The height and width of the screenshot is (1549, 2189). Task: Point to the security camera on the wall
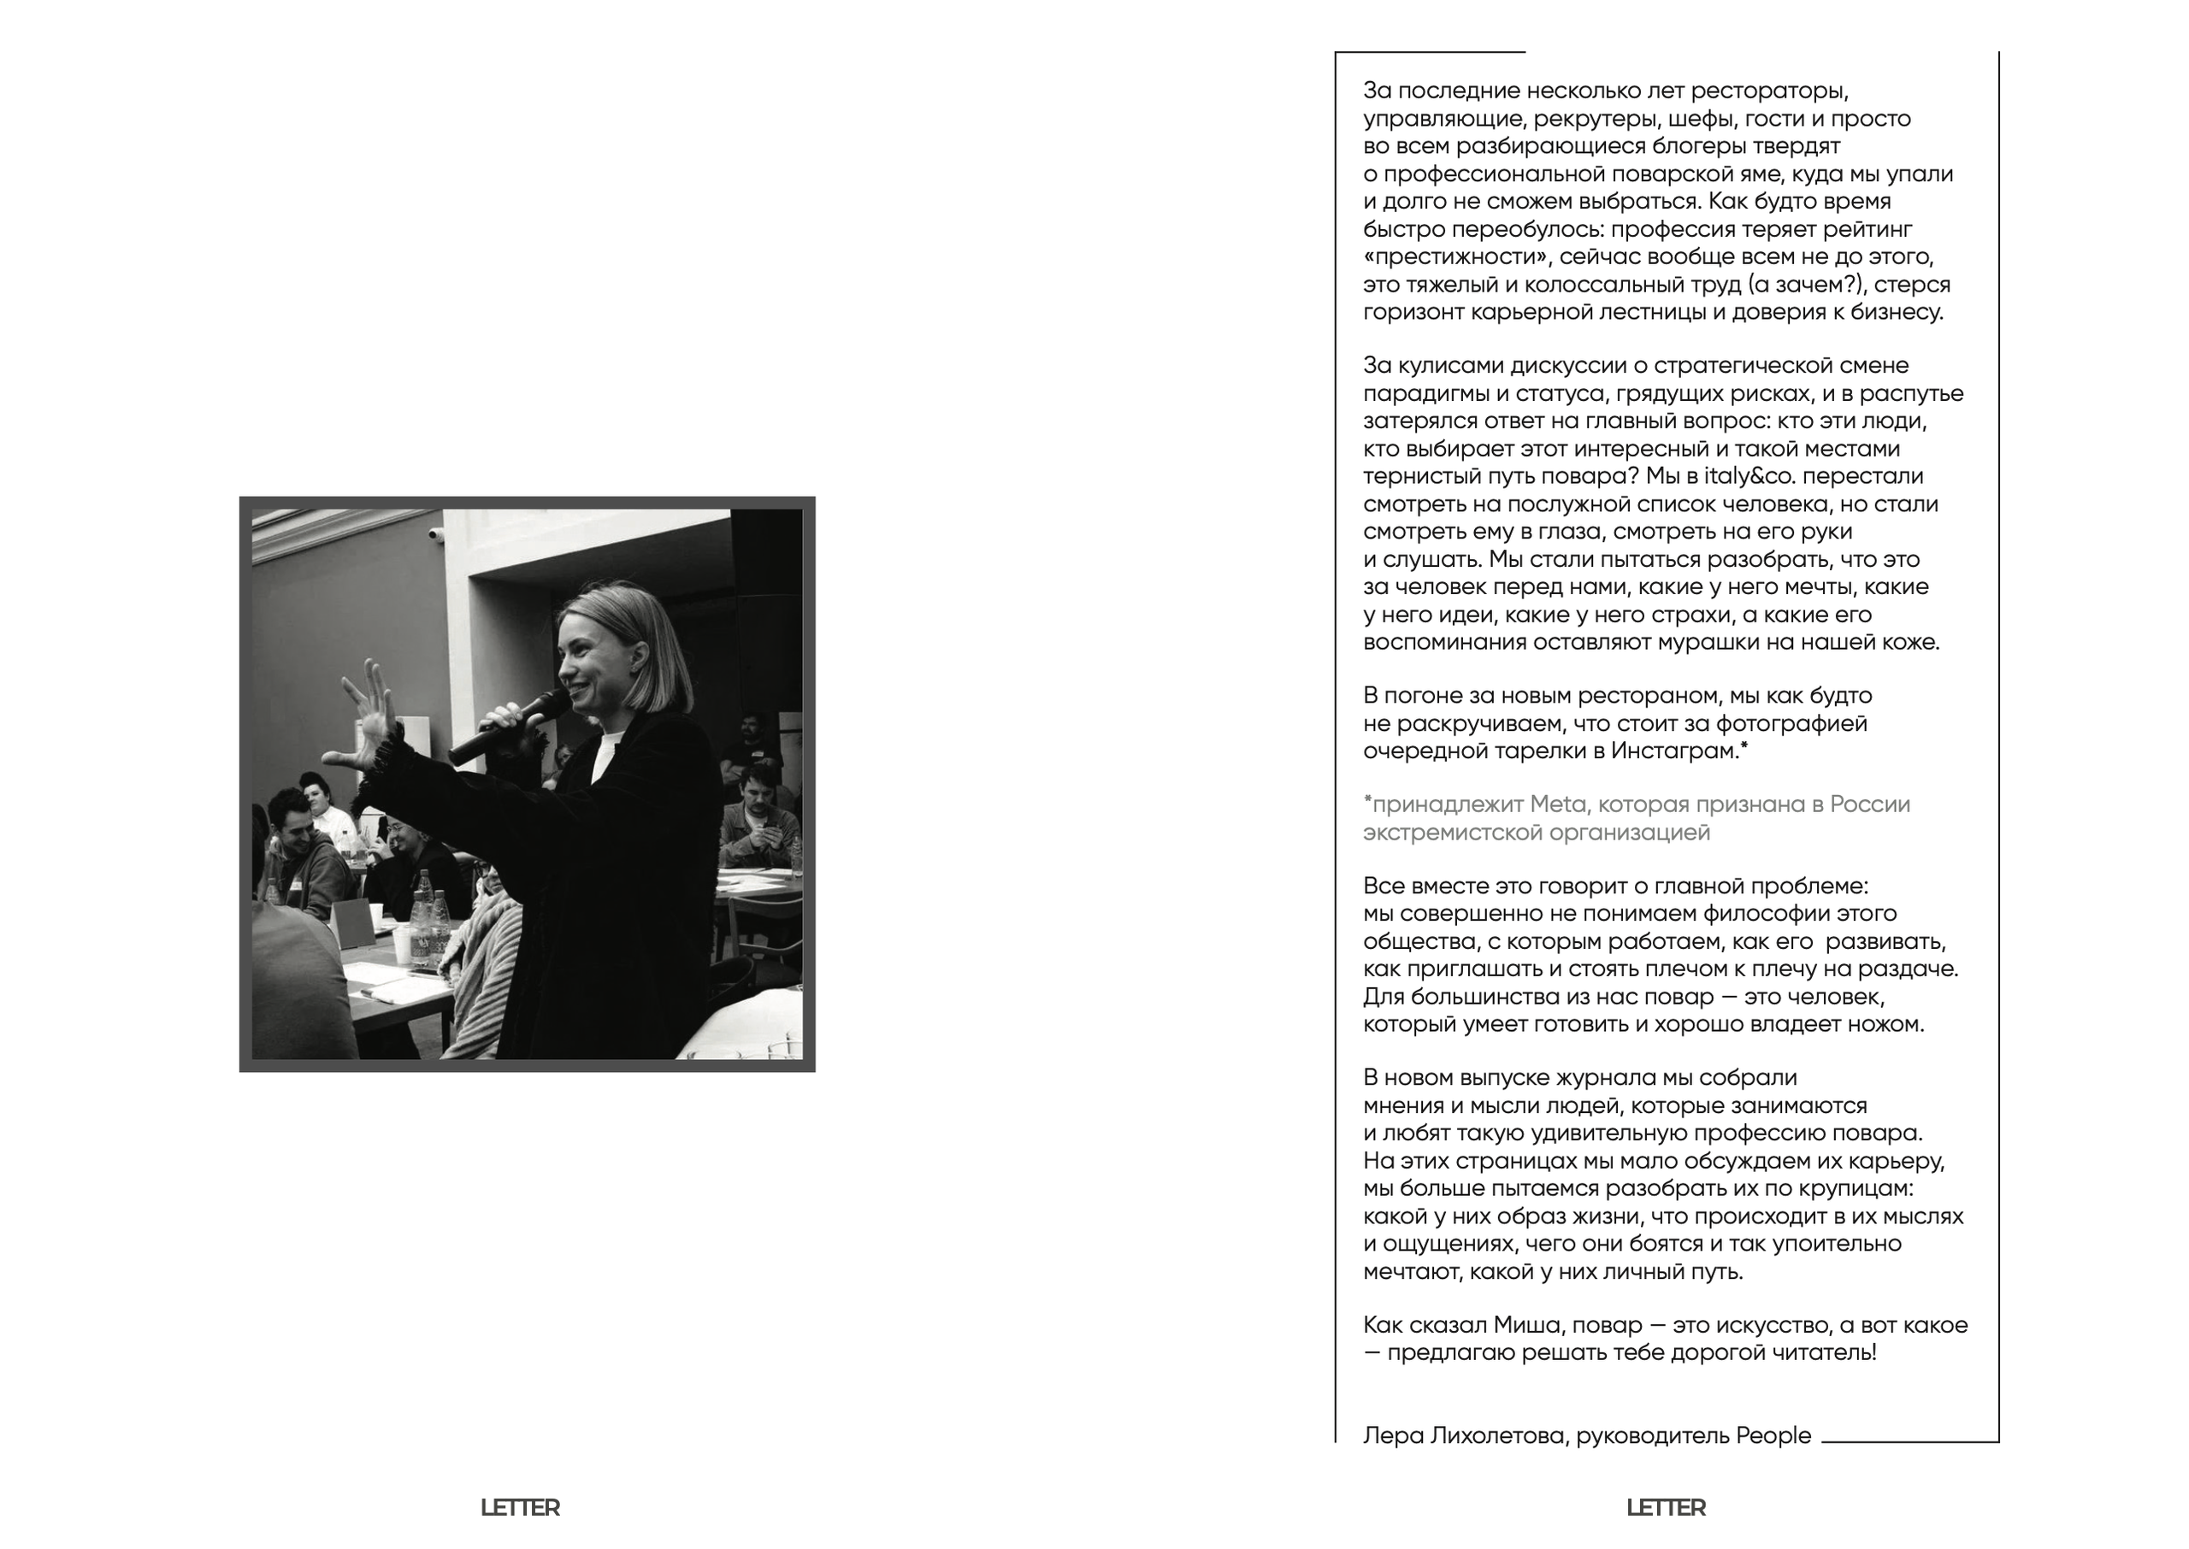click(437, 534)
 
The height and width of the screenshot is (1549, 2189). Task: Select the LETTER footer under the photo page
click(520, 1508)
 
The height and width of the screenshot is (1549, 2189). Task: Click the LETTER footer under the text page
click(1666, 1508)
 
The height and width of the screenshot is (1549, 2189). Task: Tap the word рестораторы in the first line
click(1769, 91)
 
